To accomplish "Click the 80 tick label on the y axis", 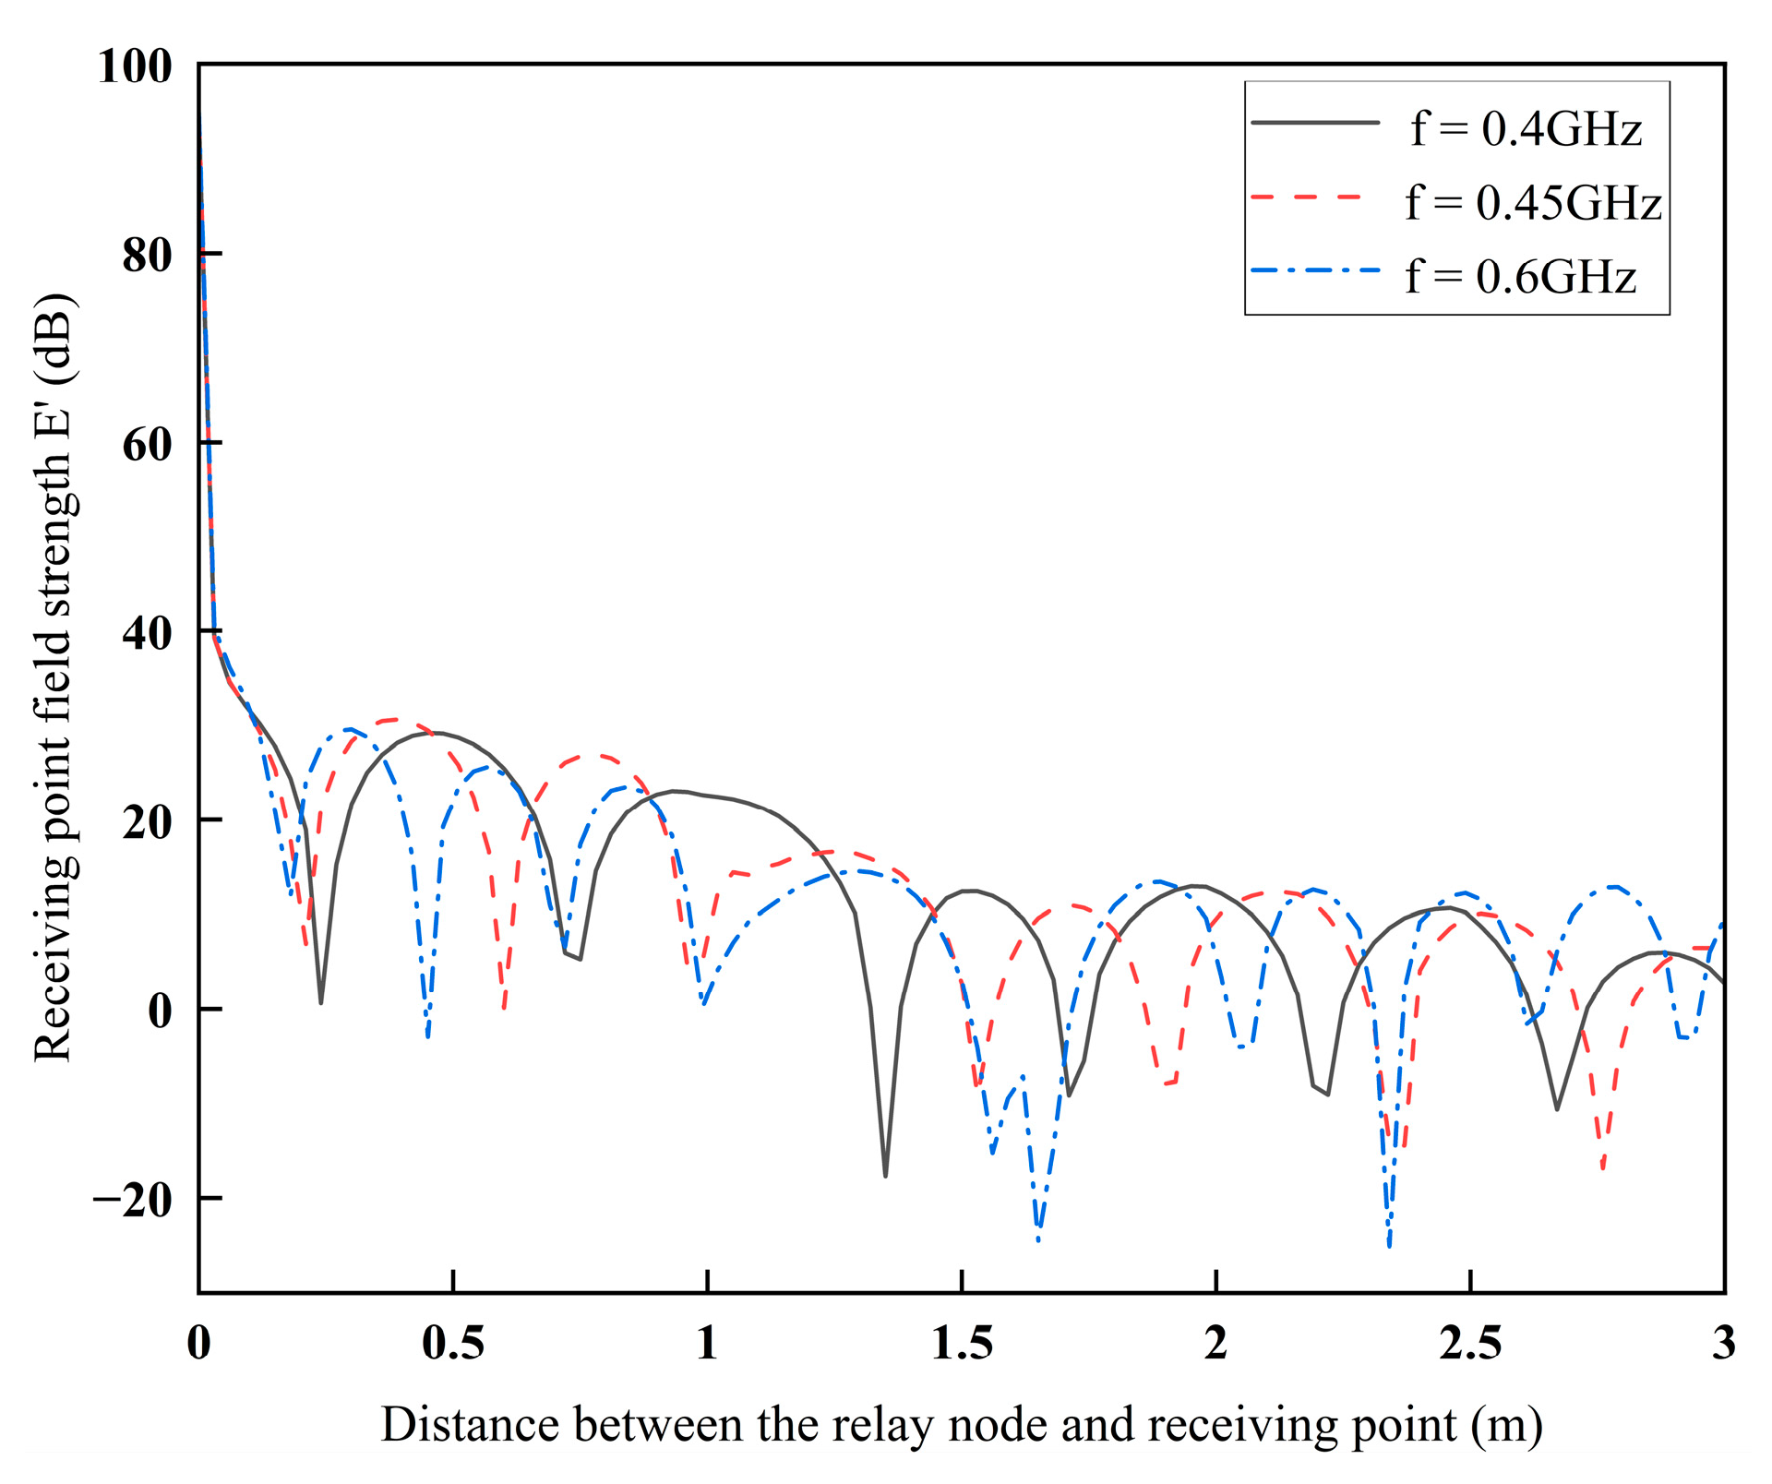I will point(147,256).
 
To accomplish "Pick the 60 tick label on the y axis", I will point(147,445).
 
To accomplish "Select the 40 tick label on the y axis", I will point(147,633).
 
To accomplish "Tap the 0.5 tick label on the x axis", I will point(453,1343).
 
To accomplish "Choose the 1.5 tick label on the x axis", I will point(962,1343).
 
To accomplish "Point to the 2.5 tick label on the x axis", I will point(1470,1343).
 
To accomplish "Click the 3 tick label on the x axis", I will point(1723,1343).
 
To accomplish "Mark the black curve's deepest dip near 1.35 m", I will point(885,1175).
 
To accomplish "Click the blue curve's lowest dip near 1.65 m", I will point(1038,1239).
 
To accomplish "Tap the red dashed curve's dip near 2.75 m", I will point(1603,1168).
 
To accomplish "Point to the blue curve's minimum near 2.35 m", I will point(1389,1245).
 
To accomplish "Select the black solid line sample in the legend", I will point(1315,123).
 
